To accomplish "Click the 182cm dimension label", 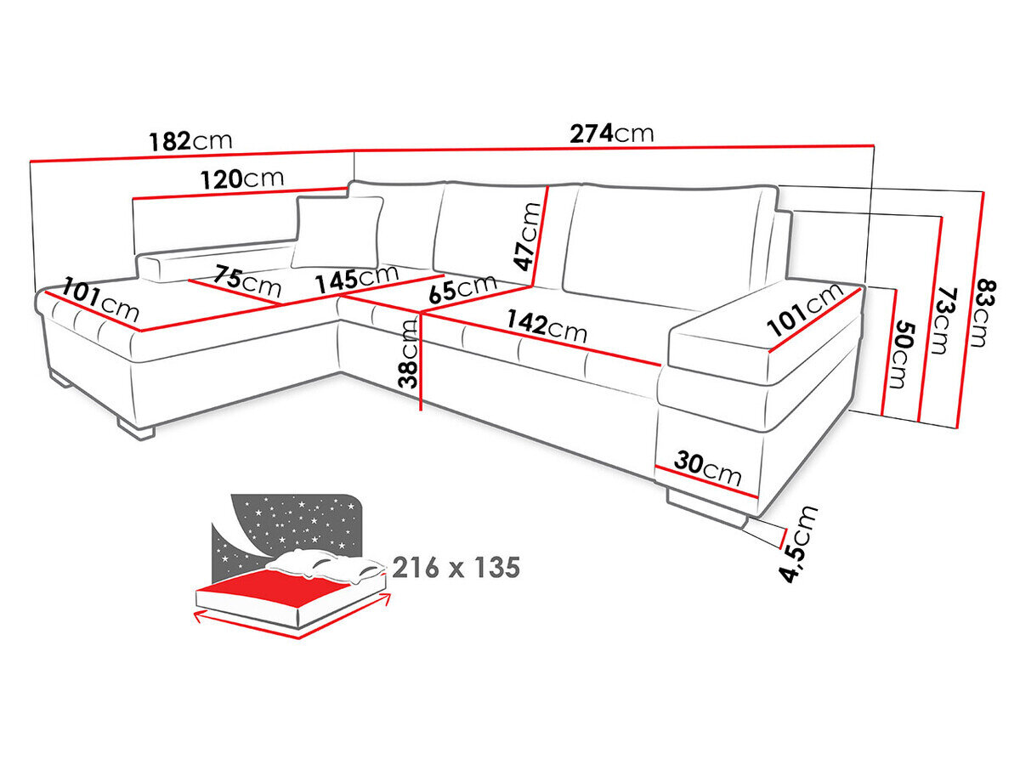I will click(190, 140).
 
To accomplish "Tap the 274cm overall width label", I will click(611, 133).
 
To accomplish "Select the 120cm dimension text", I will click(242, 179).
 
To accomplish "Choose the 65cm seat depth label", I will click(462, 288).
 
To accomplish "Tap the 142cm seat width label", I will click(546, 326).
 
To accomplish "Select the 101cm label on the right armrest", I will click(805, 312).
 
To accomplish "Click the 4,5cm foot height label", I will click(801, 544).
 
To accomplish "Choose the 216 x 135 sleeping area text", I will click(456, 568).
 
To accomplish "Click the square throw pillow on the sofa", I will click(338, 232).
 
